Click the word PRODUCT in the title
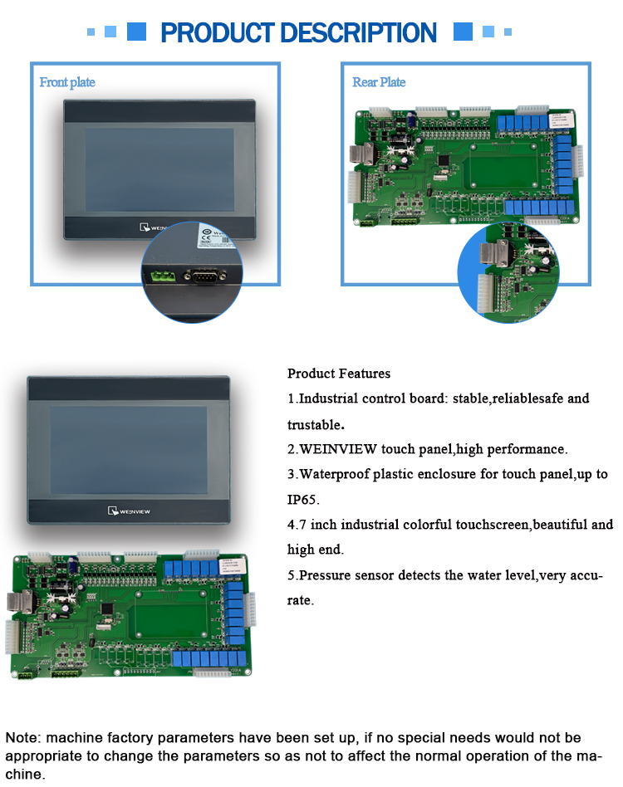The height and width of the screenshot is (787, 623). point(218,33)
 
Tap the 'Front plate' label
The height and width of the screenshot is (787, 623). point(67,82)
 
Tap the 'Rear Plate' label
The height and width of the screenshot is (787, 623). point(379,82)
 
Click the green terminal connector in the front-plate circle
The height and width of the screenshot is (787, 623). point(164,276)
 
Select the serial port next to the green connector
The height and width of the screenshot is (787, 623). point(204,276)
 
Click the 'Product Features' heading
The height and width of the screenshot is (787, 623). point(339,374)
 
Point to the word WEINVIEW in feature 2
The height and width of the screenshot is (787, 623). point(338,449)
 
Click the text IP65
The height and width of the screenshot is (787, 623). point(302,500)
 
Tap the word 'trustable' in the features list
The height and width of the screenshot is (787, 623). point(314,424)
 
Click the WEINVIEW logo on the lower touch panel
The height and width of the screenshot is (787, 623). point(129,511)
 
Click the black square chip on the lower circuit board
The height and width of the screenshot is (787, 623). point(106,609)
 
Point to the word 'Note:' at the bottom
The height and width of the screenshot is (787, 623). point(23,738)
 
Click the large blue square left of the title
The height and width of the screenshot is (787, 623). point(136,32)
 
